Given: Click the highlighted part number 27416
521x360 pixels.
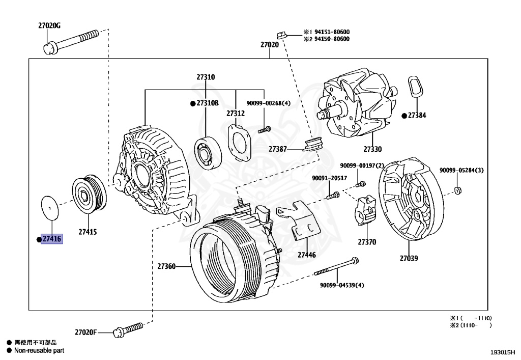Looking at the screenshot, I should click(x=52, y=238).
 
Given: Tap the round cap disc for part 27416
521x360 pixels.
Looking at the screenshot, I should click(x=50, y=207).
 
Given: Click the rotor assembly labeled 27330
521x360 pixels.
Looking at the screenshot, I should click(x=359, y=109).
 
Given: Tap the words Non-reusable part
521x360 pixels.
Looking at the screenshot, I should click(x=39, y=350).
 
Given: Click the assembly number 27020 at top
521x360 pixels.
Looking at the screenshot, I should click(x=269, y=45).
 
